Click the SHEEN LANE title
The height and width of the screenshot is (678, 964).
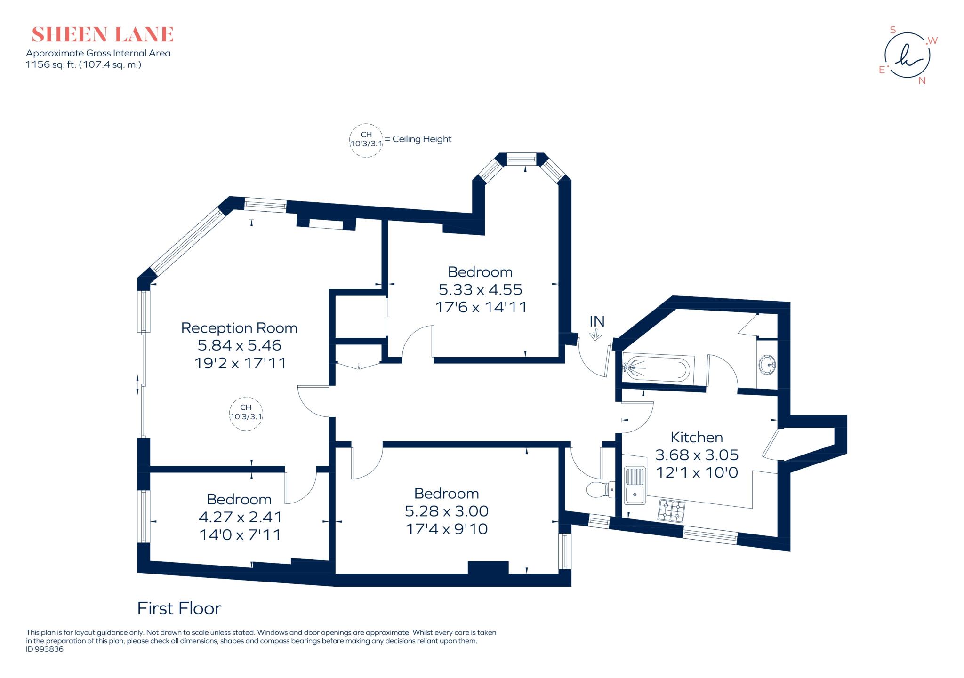click(103, 35)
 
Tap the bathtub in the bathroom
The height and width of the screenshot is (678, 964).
click(658, 368)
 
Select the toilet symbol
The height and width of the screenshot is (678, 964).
click(600, 489)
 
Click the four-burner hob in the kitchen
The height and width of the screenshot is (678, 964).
click(672, 511)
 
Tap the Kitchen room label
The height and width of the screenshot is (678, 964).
click(697, 437)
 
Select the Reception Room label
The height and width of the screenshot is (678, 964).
click(239, 328)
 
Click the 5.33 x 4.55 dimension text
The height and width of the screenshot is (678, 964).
click(480, 289)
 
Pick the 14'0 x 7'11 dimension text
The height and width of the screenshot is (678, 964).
click(240, 535)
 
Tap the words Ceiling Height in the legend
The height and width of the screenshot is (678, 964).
click(422, 139)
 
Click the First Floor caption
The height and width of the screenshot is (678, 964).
click(179, 608)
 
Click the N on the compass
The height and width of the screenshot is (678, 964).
click(922, 81)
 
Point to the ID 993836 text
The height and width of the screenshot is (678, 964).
click(45, 649)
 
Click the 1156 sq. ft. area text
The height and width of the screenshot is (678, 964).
click(83, 64)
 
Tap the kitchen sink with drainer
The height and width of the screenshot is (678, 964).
click(635, 485)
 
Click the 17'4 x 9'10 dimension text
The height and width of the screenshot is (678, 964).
click(446, 529)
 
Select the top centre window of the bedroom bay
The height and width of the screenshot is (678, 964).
click(522, 160)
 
